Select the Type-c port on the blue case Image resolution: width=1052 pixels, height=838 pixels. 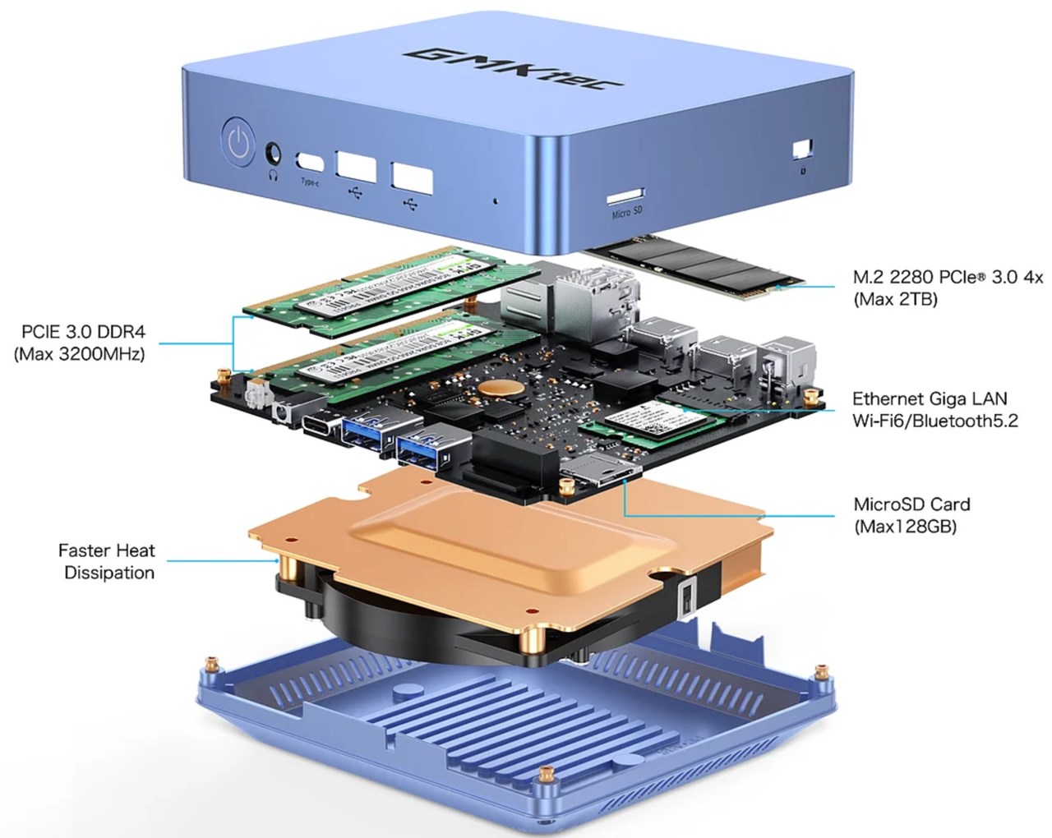click(x=310, y=160)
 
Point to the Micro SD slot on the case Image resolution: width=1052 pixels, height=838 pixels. click(x=625, y=197)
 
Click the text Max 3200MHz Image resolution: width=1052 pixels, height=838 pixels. click(x=80, y=355)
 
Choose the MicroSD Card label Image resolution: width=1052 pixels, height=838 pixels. click(x=911, y=504)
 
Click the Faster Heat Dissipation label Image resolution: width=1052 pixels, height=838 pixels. click(x=108, y=561)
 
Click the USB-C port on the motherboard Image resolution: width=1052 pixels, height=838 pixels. click(x=319, y=425)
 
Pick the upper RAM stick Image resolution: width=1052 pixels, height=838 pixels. click(x=386, y=283)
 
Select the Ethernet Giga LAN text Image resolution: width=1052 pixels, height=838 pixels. click(x=929, y=399)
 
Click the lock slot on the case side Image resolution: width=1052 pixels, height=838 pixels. click(x=801, y=150)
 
